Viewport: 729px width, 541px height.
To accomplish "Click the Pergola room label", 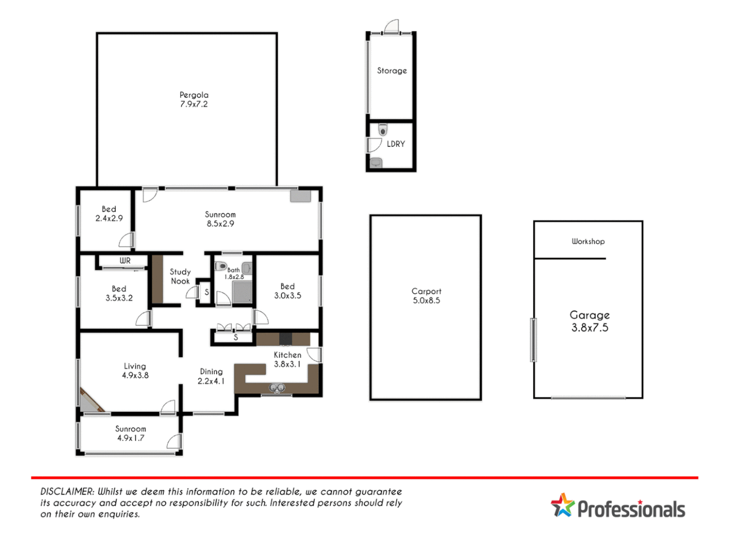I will coord(194,95).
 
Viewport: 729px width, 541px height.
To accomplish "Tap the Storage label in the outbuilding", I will coord(392,71).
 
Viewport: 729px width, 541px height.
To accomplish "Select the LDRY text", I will coord(396,144).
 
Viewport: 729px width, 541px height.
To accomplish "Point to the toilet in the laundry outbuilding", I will coord(383,130).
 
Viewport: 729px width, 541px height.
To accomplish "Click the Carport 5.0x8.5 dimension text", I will coord(426,301).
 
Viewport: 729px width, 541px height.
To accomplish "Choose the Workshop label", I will coord(588,241).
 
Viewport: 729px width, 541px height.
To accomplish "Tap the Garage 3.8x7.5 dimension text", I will coord(589,328).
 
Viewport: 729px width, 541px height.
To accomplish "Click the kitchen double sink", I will coord(277,388).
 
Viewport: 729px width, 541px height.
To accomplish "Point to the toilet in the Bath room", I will coord(221,265).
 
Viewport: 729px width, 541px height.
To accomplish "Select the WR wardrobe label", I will coord(125,260).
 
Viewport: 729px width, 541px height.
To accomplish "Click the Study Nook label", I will coord(180,276).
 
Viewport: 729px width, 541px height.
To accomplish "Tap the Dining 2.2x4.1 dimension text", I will coord(211,381).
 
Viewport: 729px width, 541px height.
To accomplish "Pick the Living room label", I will coord(135,366).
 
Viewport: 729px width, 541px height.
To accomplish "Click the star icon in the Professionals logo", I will coord(563,505).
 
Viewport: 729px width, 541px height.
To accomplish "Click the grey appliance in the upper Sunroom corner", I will coord(300,196).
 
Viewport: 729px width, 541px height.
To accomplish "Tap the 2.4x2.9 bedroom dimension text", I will coord(109,218).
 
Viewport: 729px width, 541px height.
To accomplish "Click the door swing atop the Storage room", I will coord(392,27).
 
